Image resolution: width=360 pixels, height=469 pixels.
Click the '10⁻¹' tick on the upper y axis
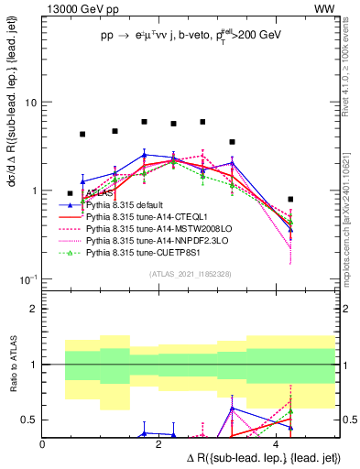pos(27,278)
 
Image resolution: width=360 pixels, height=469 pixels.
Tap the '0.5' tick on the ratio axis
pos(29,420)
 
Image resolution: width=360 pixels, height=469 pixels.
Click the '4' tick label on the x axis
pos(277,442)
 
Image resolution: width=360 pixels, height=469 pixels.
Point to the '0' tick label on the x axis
pos(43,442)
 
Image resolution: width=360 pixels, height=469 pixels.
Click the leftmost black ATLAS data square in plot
pos(71,193)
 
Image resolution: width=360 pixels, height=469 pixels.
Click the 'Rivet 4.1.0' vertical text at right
pos(352,92)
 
